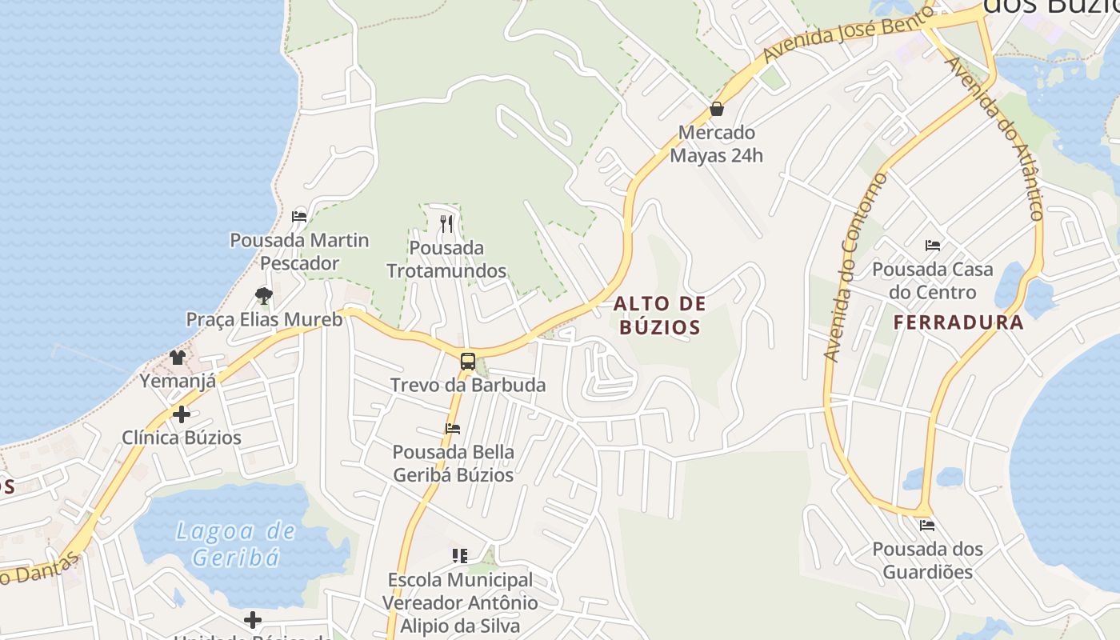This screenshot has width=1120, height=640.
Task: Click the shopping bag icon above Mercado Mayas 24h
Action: [717, 109]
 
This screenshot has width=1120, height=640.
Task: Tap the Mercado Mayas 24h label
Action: [716, 144]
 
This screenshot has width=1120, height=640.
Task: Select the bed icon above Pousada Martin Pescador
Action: [299, 216]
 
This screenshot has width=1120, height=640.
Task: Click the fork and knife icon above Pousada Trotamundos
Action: [446, 224]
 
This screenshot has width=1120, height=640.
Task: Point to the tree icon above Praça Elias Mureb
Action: [264, 296]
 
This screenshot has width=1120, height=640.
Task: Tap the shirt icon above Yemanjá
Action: [178, 357]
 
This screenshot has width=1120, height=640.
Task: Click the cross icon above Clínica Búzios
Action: [182, 414]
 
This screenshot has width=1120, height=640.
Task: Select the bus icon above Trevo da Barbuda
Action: [468, 361]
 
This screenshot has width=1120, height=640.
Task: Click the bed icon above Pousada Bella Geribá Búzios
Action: [453, 428]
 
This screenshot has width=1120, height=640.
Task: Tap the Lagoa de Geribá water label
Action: [235, 543]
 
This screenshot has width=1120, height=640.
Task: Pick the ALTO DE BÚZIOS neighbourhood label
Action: [660, 314]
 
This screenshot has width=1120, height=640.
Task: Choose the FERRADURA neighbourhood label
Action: [958, 322]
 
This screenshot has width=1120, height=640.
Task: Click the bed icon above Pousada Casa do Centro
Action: [932, 245]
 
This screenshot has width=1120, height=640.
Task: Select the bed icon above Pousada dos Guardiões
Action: [927, 526]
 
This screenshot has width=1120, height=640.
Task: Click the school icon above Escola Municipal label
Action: [460, 555]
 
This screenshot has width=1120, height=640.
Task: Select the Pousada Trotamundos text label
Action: [446, 259]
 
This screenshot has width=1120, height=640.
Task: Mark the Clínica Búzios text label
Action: [182, 438]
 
